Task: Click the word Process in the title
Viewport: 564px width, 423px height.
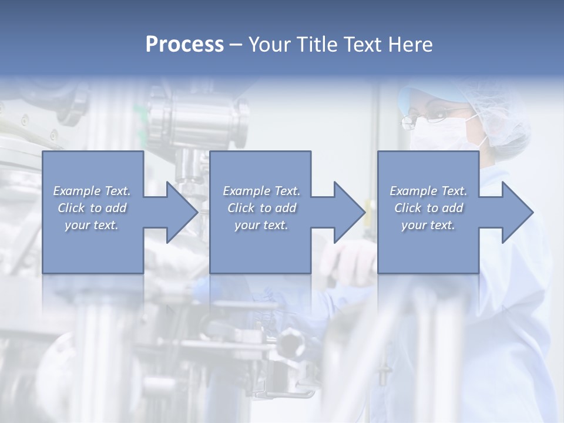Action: pos(184,45)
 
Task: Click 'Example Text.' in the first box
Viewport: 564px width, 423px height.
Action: pos(92,191)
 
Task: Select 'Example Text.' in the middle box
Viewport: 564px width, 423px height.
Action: pos(261,191)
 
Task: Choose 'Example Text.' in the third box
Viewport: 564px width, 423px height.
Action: pos(428,191)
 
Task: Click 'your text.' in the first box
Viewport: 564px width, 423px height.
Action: pos(92,225)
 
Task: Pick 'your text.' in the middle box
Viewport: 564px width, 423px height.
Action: pos(261,225)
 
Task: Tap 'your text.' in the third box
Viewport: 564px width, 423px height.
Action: pos(428,225)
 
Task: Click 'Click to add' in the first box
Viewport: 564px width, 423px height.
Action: pos(92,208)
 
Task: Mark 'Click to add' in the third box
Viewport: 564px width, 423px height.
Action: pos(428,208)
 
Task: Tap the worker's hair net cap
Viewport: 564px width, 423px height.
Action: pos(493,106)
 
